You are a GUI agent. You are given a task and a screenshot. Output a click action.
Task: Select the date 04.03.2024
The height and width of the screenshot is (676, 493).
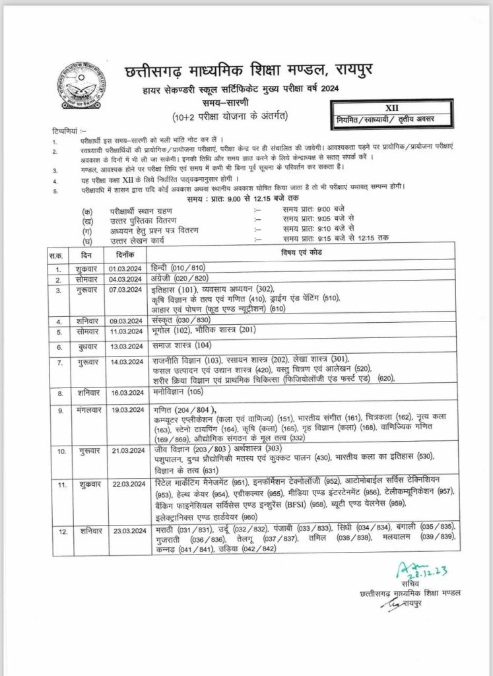point(127,279)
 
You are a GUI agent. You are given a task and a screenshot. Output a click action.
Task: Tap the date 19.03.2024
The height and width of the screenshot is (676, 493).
point(127,410)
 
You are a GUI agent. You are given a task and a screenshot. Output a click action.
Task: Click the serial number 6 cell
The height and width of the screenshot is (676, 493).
point(59,347)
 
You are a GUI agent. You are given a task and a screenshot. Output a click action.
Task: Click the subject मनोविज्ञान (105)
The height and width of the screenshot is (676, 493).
point(174,392)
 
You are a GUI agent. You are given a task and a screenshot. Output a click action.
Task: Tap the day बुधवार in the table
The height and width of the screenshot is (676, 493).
point(89,347)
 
